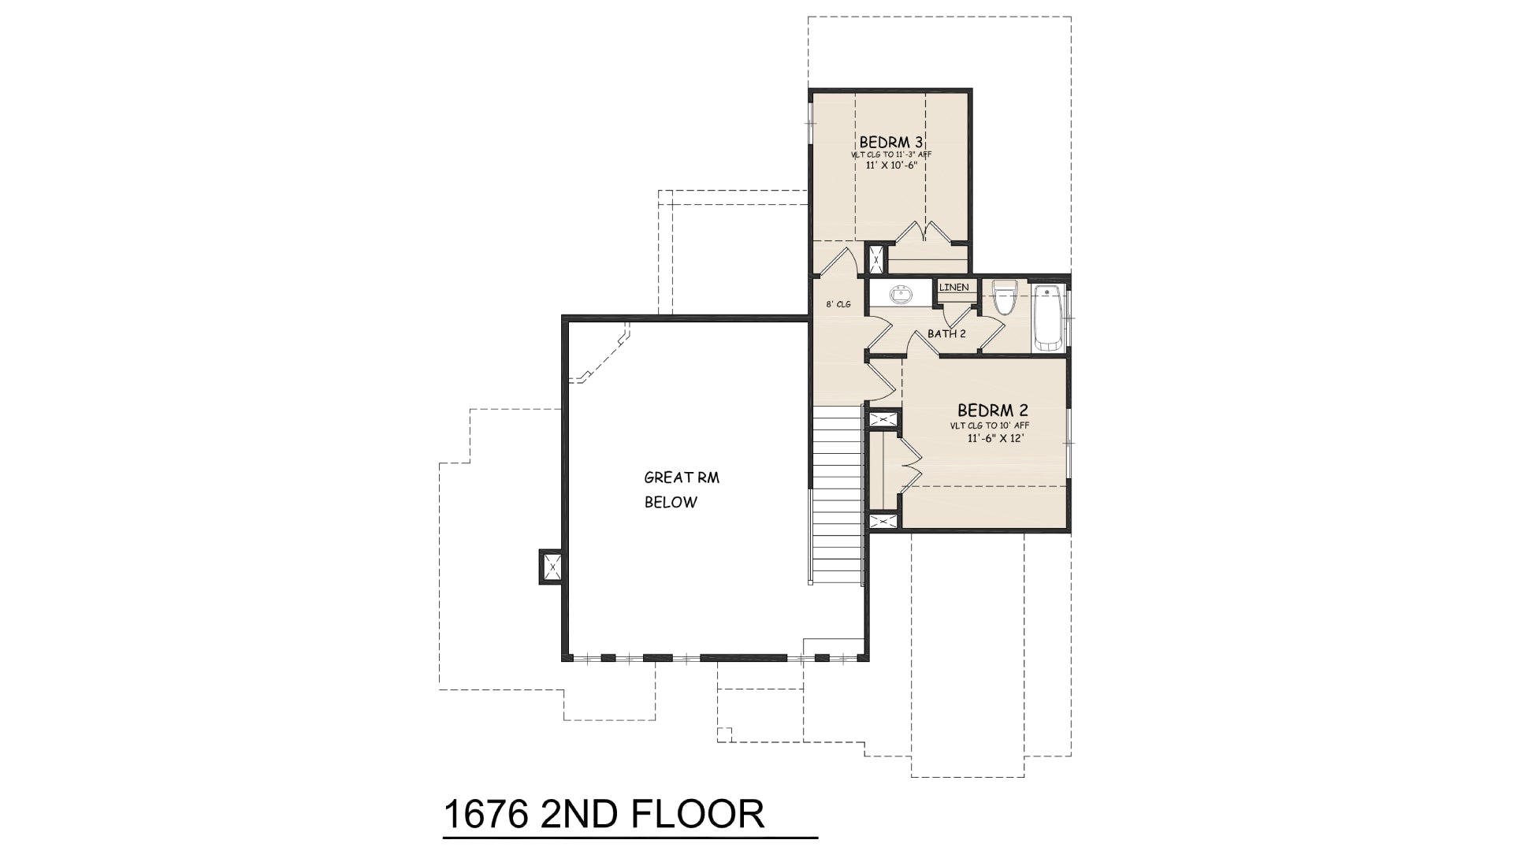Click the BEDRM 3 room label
point(891,142)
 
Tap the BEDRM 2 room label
point(993,411)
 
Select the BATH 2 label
point(946,333)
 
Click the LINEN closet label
point(954,287)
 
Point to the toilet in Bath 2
point(1004,297)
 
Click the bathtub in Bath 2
point(1048,317)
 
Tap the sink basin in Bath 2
point(900,295)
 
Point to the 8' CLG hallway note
point(838,304)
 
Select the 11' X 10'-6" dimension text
point(891,165)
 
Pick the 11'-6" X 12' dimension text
point(994,438)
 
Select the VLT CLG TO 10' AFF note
point(989,425)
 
